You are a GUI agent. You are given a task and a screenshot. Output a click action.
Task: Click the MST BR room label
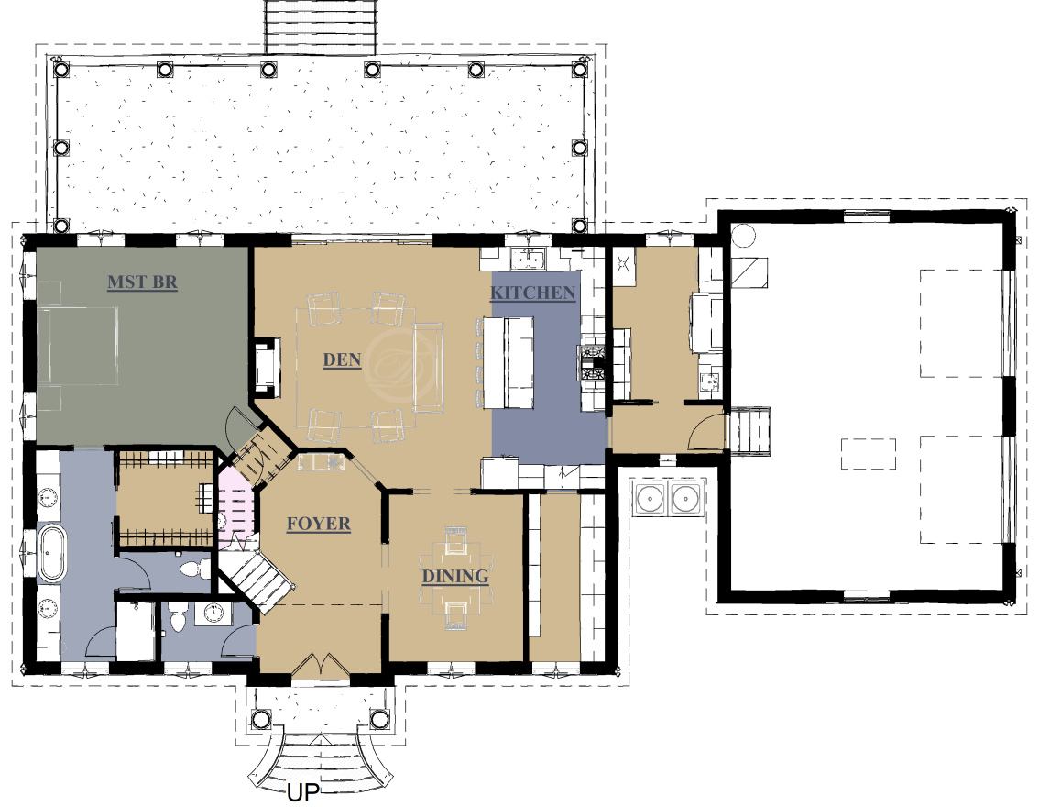142,282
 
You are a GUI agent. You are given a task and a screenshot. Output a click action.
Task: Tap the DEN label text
342,360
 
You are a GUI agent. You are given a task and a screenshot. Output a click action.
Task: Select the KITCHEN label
532,293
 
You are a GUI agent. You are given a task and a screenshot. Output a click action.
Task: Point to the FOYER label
319,524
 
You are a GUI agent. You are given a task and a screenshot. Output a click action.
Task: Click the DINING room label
455,576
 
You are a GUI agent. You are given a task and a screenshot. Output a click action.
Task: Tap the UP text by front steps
303,791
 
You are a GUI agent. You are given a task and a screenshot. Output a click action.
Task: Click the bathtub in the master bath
51,552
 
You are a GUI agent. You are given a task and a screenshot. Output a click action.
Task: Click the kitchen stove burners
593,363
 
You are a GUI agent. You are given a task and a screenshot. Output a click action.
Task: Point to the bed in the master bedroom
78,345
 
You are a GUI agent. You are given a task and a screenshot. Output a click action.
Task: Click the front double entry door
321,666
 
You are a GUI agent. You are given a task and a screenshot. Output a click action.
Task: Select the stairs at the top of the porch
321,27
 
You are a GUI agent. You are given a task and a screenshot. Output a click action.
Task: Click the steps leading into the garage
749,430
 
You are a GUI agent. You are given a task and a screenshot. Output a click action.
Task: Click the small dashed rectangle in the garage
869,454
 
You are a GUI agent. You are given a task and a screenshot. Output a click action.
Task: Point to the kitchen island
509,363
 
